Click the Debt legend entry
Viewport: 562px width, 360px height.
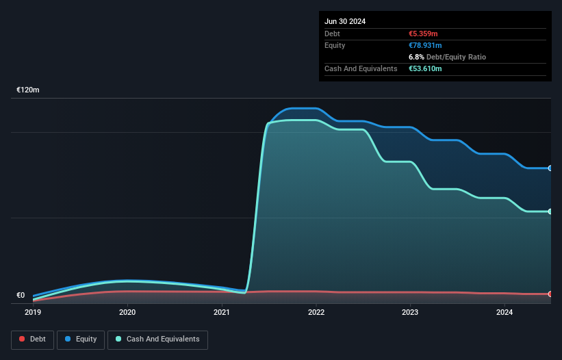pos(33,339)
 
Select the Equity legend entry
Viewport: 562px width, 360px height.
pos(81,339)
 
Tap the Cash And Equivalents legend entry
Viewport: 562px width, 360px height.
pos(157,339)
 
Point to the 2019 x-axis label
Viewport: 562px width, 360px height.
pos(33,312)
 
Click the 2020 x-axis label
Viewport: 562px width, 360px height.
pos(127,312)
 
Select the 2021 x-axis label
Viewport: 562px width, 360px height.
pos(222,312)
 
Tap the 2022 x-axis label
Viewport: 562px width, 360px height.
pos(316,312)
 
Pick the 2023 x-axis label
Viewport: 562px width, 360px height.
pos(410,312)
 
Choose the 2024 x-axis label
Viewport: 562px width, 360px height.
pos(504,312)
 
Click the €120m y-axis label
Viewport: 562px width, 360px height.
pos(28,90)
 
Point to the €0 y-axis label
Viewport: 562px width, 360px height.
pos(21,296)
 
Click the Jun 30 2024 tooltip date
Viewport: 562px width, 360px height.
pos(345,21)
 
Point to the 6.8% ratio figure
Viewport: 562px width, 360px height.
pos(416,57)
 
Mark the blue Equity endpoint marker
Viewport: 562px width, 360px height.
pos(550,168)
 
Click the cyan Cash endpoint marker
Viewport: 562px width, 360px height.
pos(550,211)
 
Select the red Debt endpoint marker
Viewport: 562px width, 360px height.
pos(550,294)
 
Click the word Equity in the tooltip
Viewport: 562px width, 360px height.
pos(335,45)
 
